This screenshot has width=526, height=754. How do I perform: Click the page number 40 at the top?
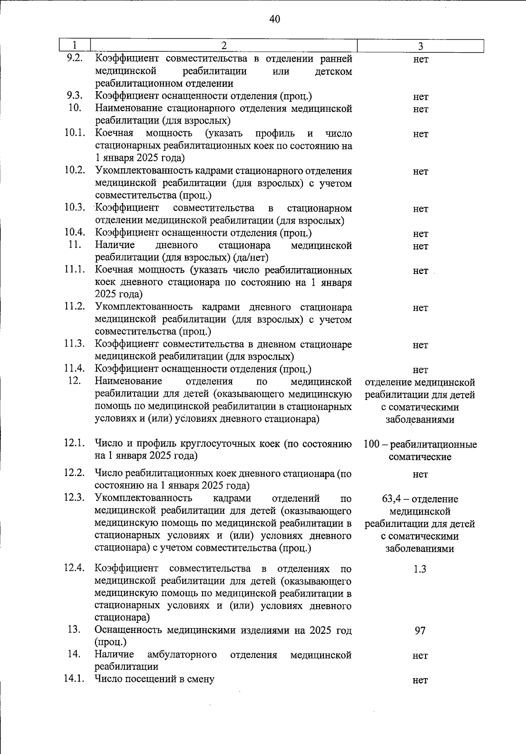tap(274, 19)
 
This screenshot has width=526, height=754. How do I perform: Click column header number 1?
tap(75, 45)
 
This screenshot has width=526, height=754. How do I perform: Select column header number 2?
tap(224, 45)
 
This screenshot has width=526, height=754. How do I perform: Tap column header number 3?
tap(420, 46)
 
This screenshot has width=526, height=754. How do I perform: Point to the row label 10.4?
tap(75, 232)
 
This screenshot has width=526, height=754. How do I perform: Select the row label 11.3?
tap(75, 344)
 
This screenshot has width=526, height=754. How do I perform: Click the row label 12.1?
tap(74, 443)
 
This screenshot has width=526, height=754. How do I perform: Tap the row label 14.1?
tap(74, 679)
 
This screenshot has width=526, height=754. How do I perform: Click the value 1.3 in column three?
tap(420, 569)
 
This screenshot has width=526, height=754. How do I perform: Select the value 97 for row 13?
tap(420, 631)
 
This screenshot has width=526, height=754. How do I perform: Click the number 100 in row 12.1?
tap(371, 445)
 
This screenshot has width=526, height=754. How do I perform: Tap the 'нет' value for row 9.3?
tap(420, 97)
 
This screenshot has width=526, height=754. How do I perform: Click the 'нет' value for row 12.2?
tap(420, 474)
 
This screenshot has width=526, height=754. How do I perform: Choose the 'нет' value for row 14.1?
tap(420, 680)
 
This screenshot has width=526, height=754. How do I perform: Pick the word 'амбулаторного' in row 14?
tap(182, 655)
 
